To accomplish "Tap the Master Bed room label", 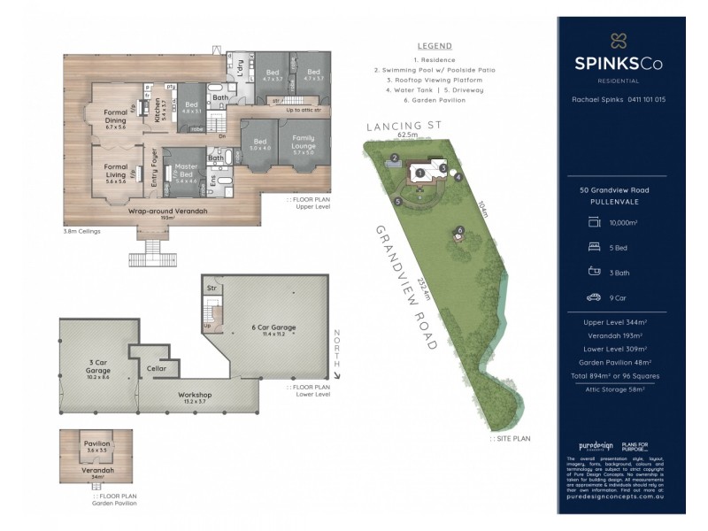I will click(186, 171).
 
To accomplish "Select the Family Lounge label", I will click(304, 143).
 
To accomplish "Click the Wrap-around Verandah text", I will click(163, 213).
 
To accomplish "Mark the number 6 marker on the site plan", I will click(460, 231).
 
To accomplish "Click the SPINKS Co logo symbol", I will click(617, 40).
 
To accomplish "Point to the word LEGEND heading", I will click(434, 46).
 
